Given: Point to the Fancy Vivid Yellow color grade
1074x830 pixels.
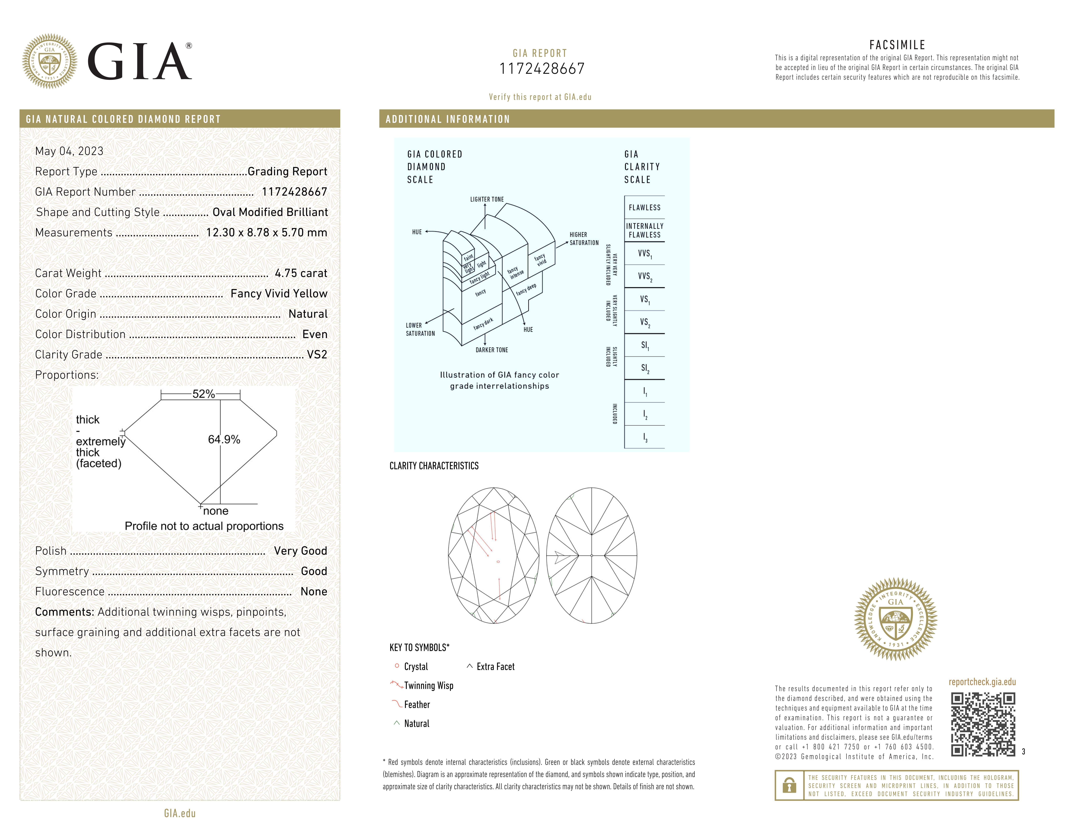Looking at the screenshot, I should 279,294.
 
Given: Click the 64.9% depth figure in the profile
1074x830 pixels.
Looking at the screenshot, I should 224,440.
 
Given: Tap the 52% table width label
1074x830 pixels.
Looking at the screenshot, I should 204,394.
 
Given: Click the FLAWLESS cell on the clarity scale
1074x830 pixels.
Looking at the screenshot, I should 644,207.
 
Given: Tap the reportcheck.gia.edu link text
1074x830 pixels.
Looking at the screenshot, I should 982,682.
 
